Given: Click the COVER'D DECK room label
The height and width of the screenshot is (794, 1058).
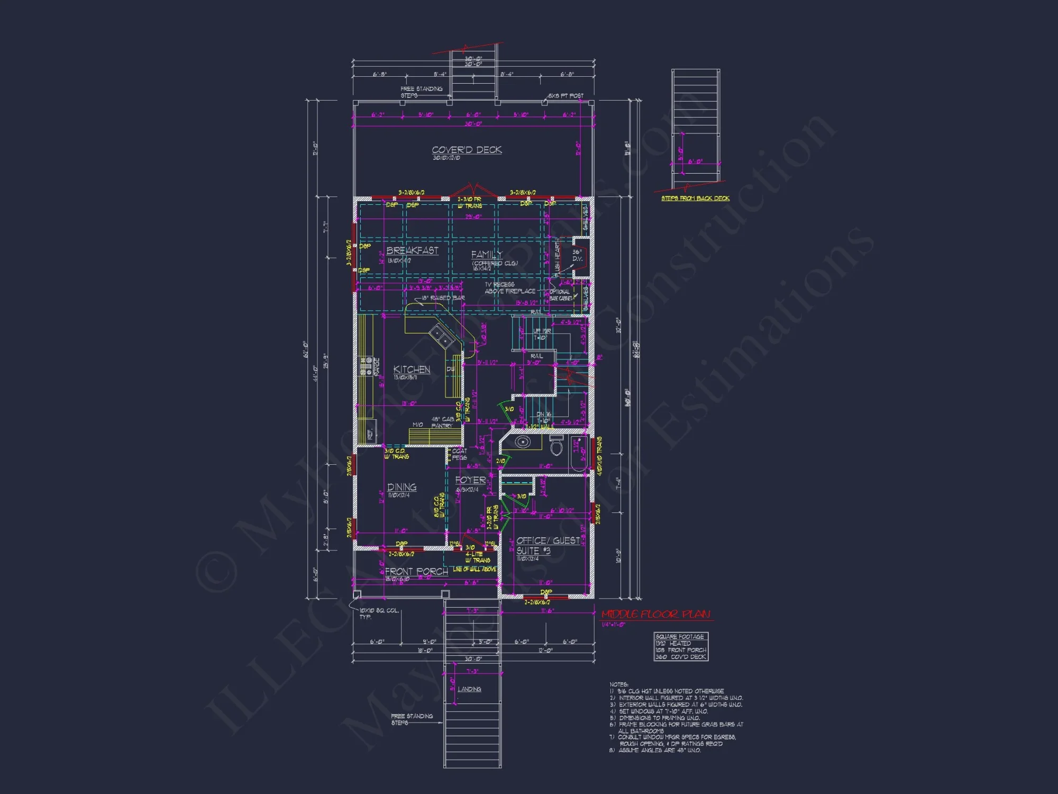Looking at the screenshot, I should [x=467, y=150].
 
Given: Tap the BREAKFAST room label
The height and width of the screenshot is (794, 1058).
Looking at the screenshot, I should [x=412, y=250].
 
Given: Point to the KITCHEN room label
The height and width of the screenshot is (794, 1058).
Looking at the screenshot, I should [x=412, y=369].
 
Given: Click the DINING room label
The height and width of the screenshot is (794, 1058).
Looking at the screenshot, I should [x=402, y=487].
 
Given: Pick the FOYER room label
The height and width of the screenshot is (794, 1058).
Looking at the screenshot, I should [x=470, y=480].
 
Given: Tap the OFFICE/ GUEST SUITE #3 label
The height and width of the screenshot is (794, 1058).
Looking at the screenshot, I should [x=547, y=545].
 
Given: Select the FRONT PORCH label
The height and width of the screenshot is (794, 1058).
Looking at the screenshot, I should [x=416, y=572].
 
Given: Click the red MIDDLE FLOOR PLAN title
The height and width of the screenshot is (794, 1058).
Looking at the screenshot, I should [x=656, y=615].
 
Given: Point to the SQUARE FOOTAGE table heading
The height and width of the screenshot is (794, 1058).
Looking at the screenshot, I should [x=680, y=636].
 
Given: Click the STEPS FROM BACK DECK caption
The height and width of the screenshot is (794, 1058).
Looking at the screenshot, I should [x=695, y=198].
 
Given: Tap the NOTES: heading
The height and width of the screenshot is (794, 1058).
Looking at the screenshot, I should [x=619, y=684].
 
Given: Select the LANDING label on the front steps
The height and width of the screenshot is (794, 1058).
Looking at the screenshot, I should [x=469, y=689].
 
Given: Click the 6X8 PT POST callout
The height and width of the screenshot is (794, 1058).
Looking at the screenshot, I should [x=566, y=96].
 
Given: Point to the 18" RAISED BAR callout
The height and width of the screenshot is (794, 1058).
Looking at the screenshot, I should [x=443, y=298].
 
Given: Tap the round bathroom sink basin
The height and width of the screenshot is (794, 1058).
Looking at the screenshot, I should [x=523, y=442].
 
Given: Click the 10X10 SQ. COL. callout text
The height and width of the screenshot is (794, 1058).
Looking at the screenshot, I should [x=379, y=611].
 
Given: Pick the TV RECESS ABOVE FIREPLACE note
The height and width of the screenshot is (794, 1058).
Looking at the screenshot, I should [x=509, y=288].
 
